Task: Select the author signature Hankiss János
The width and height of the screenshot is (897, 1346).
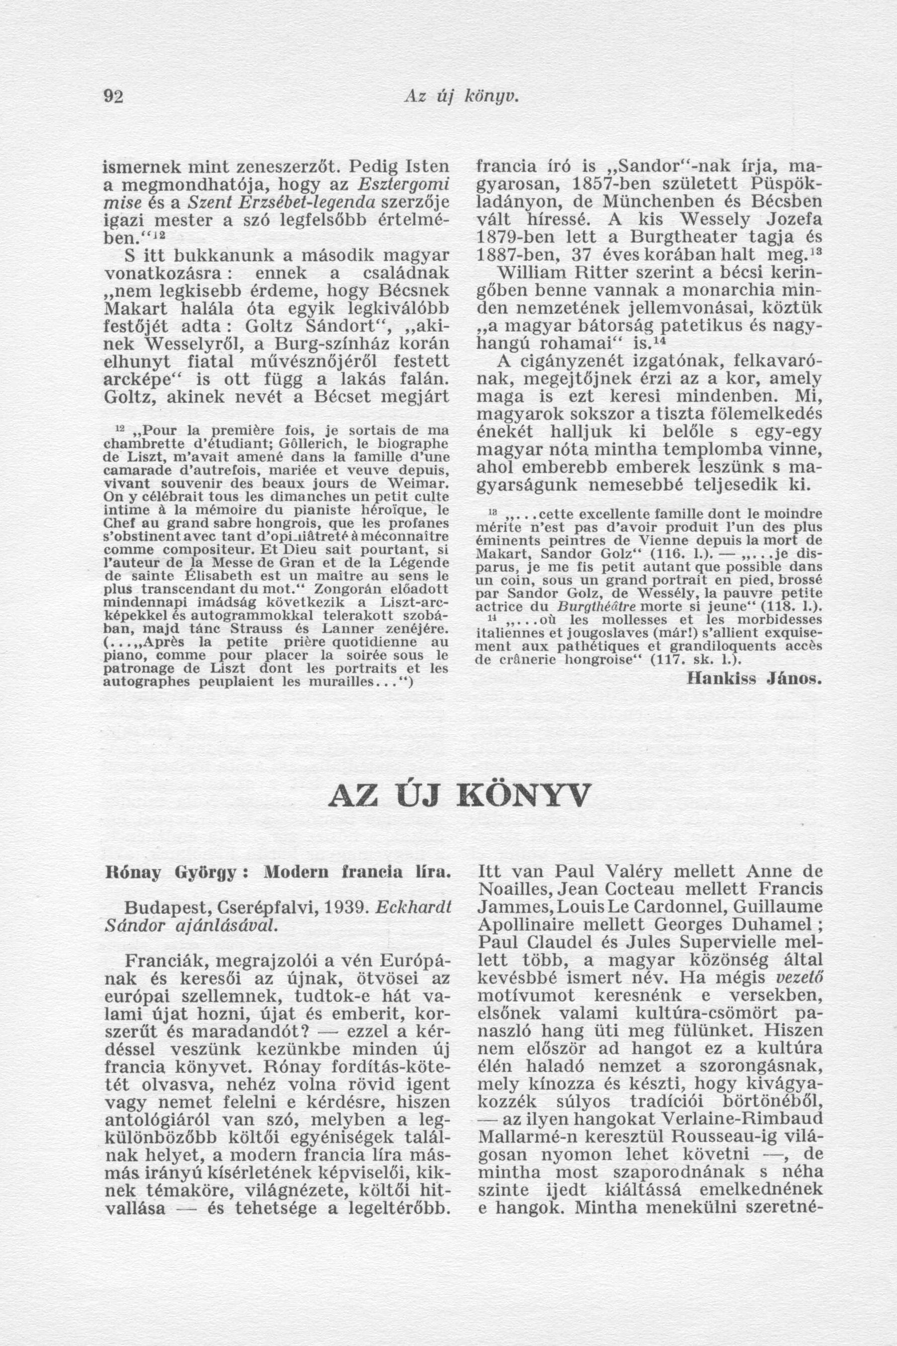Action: [754, 679]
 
